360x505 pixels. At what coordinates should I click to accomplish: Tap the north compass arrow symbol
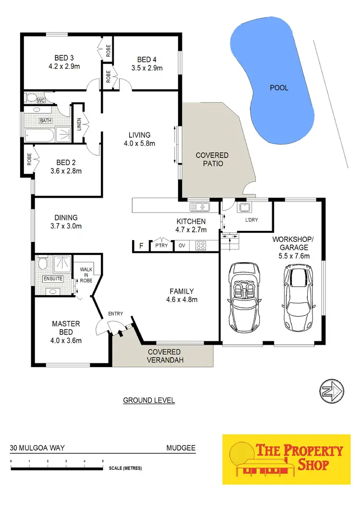[331, 391]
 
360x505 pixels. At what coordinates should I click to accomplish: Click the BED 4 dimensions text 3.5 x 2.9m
[150, 68]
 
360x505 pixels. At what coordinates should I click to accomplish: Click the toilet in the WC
[32, 98]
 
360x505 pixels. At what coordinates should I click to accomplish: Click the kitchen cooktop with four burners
[200, 245]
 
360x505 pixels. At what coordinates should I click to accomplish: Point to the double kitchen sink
[200, 207]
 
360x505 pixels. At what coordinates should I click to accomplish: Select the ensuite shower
[61, 264]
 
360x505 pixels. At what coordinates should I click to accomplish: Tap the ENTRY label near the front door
[115, 314]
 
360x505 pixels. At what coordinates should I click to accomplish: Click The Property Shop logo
[287, 459]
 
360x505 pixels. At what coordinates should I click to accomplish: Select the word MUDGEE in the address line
[181, 448]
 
